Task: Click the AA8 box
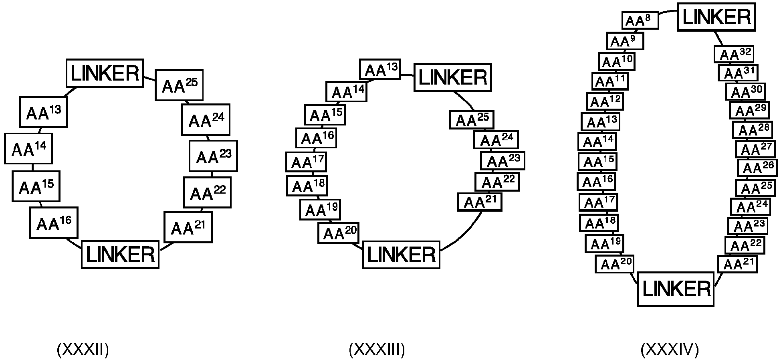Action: click(640, 20)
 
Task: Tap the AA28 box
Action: click(753, 130)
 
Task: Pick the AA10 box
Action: click(617, 61)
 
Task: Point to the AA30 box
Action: click(746, 92)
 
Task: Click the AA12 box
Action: click(605, 101)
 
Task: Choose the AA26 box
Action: click(757, 168)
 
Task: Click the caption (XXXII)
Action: click(83, 350)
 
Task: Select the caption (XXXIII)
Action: click(377, 350)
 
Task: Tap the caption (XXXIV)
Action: click(670, 350)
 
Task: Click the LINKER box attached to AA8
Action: click(716, 17)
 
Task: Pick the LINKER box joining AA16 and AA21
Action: click(120, 254)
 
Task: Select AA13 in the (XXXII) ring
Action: click(43, 112)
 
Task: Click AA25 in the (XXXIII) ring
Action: click(472, 119)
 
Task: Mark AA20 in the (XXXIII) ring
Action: click(338, 233)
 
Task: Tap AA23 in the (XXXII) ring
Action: click(213, 156)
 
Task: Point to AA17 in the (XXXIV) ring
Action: click(599, 202)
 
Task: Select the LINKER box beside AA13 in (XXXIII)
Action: click(453, 77)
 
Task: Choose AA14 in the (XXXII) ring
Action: click(28, 148)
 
